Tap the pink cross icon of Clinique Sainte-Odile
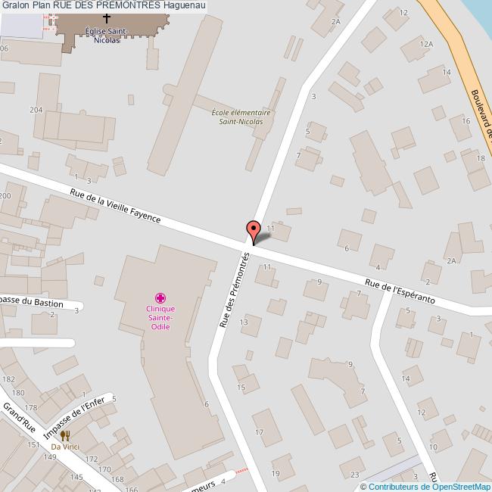coord(160,297)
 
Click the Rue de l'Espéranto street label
coord(400,291)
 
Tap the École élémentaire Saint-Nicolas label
coord(241,117)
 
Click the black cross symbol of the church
coord(106,17)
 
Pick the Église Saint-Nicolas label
coord(107,36)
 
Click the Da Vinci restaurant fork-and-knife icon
coord(65,435)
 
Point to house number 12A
coord(427,45)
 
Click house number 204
coord(36,111)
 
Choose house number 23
coord(355,475)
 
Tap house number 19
coord(275,474)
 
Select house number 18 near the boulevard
coord(480,158)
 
